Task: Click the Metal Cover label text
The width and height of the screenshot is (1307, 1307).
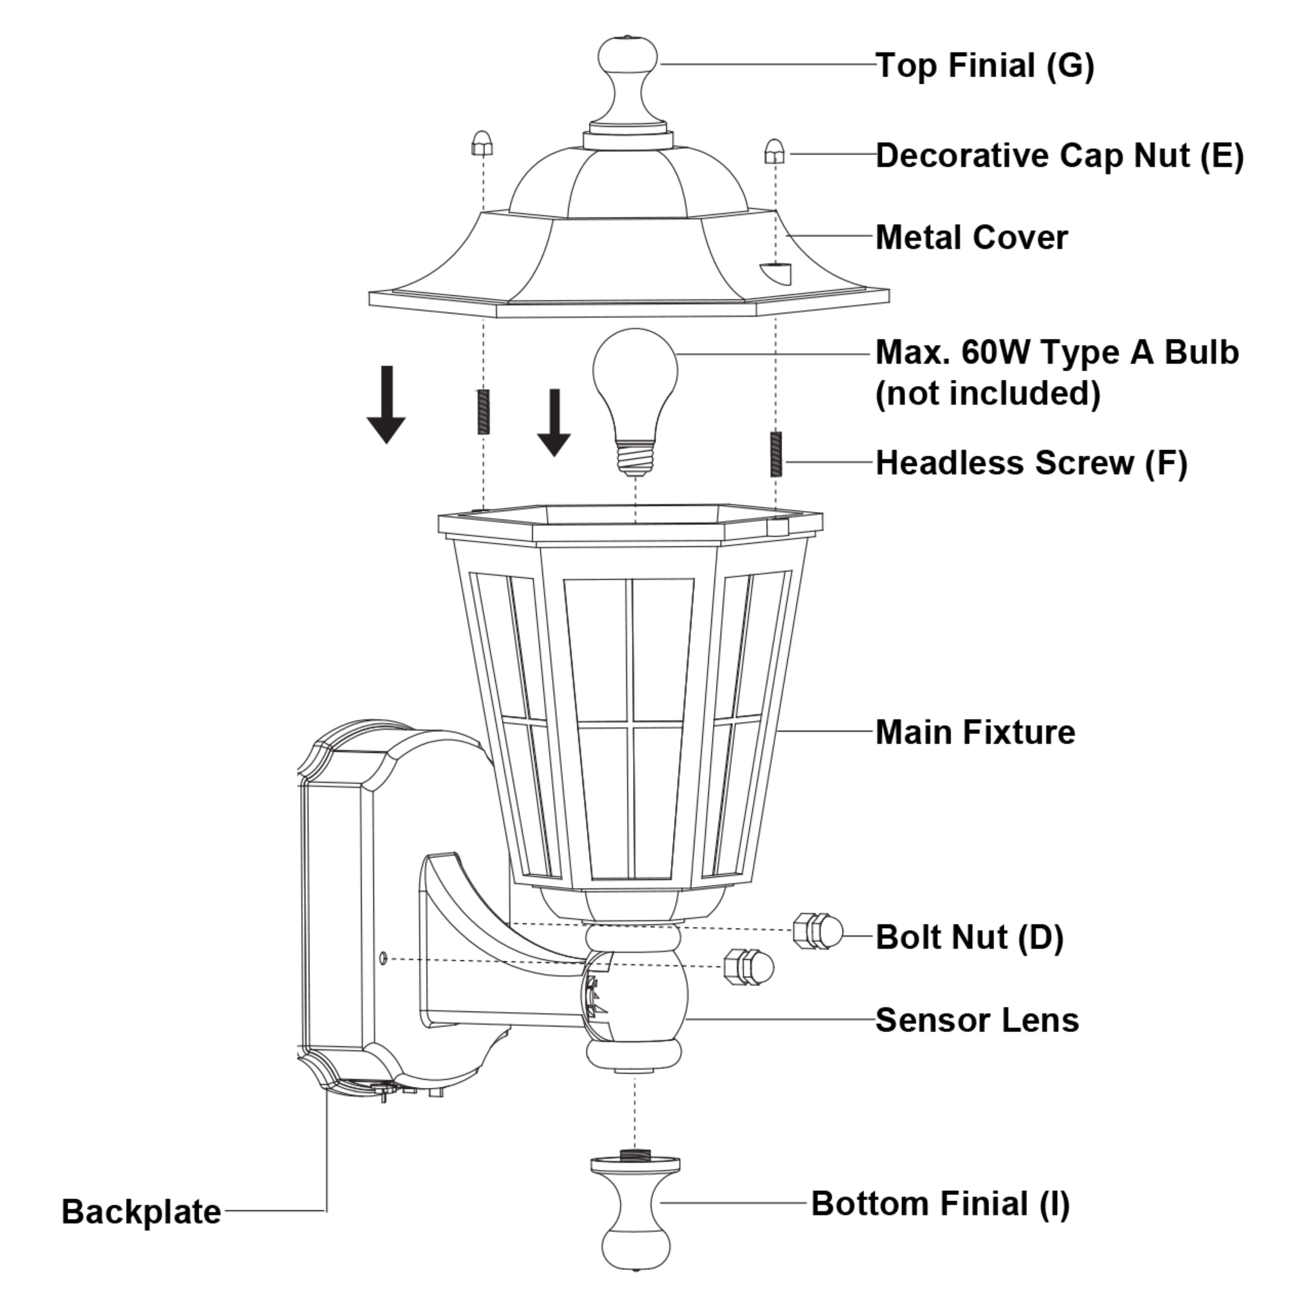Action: tap(972, 237)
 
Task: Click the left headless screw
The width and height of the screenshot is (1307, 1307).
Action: tap(484, 411)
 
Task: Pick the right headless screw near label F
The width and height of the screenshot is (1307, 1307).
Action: tap(776, 454)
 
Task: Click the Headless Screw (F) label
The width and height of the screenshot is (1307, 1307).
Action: tap(1031, 464)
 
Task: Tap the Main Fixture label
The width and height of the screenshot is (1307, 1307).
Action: tap(975, 732)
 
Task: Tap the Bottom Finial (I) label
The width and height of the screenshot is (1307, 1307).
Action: tap(940, 1203)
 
